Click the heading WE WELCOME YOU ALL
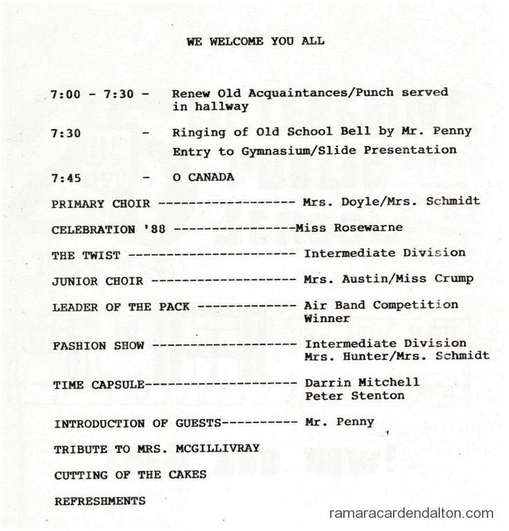255,41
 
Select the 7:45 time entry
66,178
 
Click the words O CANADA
203,177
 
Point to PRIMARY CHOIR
88,204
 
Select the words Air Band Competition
381,305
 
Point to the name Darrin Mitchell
362,382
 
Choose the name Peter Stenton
354,396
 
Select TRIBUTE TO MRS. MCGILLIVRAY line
157,449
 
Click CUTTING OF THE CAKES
130,475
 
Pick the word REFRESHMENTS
100,501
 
